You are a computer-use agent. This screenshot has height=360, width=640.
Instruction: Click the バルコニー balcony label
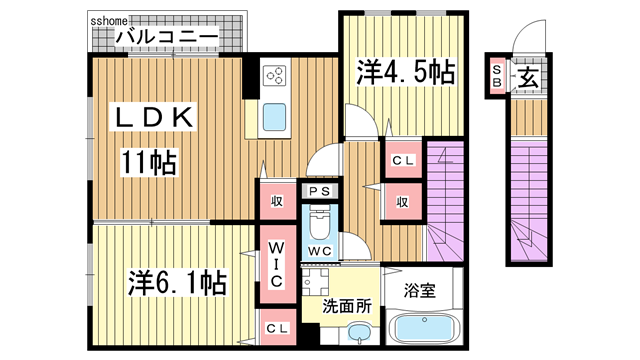coord(167,37)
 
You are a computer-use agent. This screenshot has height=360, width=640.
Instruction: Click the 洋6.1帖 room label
coord(175,283)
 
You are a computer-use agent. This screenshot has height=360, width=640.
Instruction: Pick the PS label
coord(320,192)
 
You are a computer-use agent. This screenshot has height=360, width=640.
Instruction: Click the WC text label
coord(320,249)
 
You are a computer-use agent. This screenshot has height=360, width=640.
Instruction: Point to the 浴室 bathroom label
coord(419,293)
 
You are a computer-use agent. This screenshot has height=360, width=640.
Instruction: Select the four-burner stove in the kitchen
coord(275,75)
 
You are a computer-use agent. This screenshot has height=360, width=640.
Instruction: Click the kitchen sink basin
coord(275,120)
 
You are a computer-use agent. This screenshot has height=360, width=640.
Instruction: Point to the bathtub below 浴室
coord(419,329)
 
